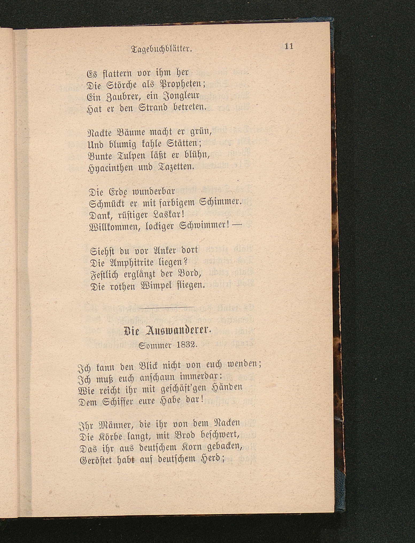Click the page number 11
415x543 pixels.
click(x=289, y=46)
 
